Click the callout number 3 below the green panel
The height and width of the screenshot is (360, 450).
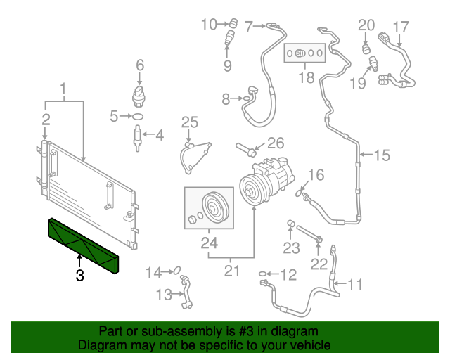coord(79,276)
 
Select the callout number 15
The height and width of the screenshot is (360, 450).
coord(380,155)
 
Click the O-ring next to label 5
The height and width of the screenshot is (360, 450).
coord(139,115)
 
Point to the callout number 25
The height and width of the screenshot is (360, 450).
coord(190,122)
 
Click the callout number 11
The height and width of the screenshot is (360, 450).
coord(355,285)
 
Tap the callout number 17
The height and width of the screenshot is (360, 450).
coord(400,27)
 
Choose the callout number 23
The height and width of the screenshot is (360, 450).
coord(292,247)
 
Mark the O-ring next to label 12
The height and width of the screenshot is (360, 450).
coord(264,274)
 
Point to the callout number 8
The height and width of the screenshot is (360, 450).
coord(226,100)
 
